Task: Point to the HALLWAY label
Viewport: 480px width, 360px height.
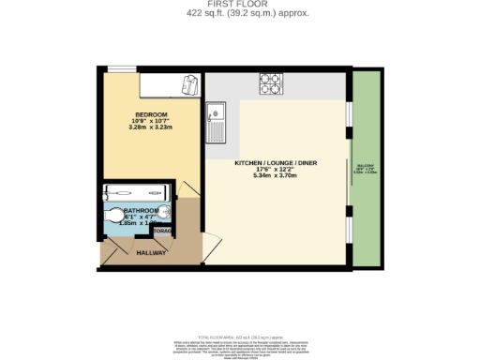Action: (x=151, y=253)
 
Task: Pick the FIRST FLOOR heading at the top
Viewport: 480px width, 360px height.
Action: (x=239, y=5)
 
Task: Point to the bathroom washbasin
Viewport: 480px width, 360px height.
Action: (x=165, y=211)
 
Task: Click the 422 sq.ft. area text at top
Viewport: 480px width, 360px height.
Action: (x=239, y=14)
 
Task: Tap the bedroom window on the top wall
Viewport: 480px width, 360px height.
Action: (x=119, y=68)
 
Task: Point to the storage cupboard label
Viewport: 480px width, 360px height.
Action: (x=161, y=231)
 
